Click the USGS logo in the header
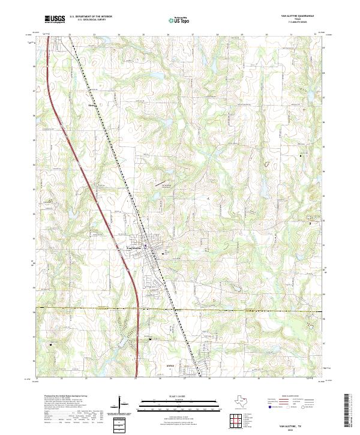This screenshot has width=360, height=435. [x=55, y=19]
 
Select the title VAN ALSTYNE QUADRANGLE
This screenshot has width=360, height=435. [x=301, y=15]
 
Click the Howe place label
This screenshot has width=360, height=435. [x=92, y=104]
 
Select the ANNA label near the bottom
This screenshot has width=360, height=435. [x=171, y=365]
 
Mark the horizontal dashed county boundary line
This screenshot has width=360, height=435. [x=240, y=310]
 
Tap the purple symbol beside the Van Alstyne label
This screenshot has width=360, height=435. [x=145, y=245]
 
